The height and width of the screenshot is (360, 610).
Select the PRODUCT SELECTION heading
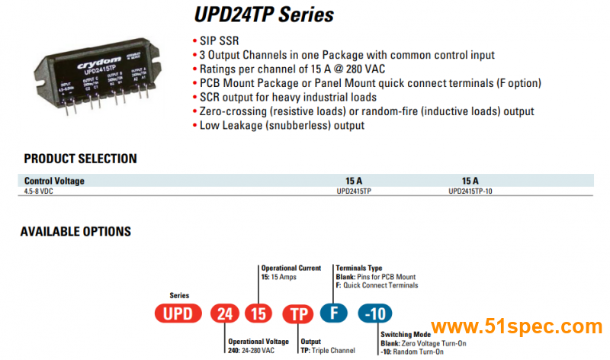click(x=80, y=159)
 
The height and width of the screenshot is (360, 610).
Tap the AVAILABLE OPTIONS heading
click(x=75, y=231)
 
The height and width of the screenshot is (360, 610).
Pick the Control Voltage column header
click(x=54, y=181)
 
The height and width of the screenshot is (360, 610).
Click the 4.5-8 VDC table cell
click(x=39, y=191)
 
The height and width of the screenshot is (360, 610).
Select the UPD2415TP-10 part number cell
click(x=470, y=191)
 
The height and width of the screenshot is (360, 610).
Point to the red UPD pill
click(x=178, y=313)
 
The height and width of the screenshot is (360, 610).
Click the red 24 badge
click(x=225, y=313)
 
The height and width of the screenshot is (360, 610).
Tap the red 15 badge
click(x=258, y=313)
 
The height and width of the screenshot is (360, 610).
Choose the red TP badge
click(x=298, y=313)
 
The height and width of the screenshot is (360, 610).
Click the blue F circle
click(x=333, y=313)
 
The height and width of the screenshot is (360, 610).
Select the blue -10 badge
click(x=376, y=313)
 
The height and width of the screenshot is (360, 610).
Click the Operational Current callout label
click(x=291, y=268)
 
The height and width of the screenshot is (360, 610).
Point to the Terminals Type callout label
click(x=359, y=268)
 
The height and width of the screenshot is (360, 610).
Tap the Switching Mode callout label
click(x=406, y=334)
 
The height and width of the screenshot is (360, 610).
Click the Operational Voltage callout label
click(x=259, y=342)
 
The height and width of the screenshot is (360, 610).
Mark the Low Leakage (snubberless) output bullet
click(x=282, y=125)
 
